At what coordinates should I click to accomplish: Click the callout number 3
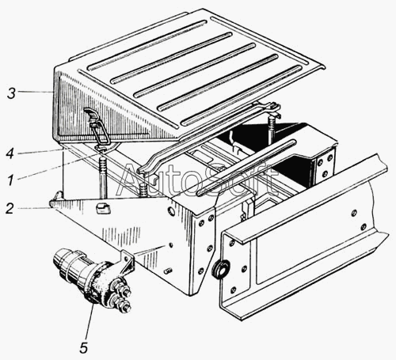[11, 93]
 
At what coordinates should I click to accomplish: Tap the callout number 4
[10, 153]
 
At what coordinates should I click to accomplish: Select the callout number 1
[10, 180]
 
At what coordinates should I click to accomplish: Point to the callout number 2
[10, 208]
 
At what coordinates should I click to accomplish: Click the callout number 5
[83, 348]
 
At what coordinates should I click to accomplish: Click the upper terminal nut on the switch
[122, 290]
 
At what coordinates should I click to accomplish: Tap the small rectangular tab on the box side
[103, 208]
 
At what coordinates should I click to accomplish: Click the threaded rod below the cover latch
[103, 176]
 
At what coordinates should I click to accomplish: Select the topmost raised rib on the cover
[147, 45]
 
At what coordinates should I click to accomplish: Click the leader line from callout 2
[34, 208]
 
